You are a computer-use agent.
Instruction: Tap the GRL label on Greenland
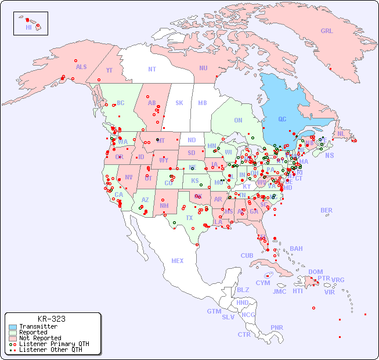coord(327,31)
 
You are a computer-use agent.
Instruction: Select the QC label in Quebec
coord(282,120)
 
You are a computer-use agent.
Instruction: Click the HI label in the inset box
coord(28,27)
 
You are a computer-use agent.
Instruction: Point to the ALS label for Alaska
coord(81,67)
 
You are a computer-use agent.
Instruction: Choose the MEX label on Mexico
coord(178,261)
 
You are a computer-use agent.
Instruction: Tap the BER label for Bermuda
coord(326,210)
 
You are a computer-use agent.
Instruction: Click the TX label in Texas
coord(189,218)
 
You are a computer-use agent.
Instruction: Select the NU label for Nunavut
coord(203,68)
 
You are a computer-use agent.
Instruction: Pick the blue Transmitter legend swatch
coord(12,327)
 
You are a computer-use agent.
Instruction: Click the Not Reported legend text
coord(40,338)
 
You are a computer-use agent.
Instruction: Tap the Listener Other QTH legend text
coord(50,350)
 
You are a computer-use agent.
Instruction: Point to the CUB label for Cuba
coord(247,255)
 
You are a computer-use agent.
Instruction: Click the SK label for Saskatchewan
coord(179,103)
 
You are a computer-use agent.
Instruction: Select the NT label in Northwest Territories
coord(152,69)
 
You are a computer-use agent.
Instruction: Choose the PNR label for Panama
coord(277,327)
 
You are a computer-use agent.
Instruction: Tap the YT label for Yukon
coord(109,70)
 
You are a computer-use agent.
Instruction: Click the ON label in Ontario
coord(238,120)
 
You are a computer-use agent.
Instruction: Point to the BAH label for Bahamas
coord(296,249)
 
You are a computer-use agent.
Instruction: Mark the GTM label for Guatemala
coord(214,311)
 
